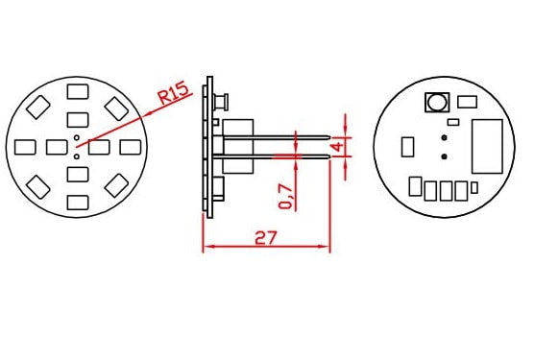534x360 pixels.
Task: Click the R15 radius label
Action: point(173,93)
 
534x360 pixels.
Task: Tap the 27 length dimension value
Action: point(266,238)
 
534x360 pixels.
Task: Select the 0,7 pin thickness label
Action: point(286,197)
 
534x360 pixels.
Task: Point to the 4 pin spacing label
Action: point(337,147)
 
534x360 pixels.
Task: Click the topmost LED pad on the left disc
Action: point(78,91)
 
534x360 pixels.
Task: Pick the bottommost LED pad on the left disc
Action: point(78,203)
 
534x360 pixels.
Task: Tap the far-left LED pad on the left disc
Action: point(25,147)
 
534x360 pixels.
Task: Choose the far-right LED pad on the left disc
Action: point(130,147)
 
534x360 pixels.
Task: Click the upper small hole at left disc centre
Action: point(77,137)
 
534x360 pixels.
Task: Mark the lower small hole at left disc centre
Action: point(77,156)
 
